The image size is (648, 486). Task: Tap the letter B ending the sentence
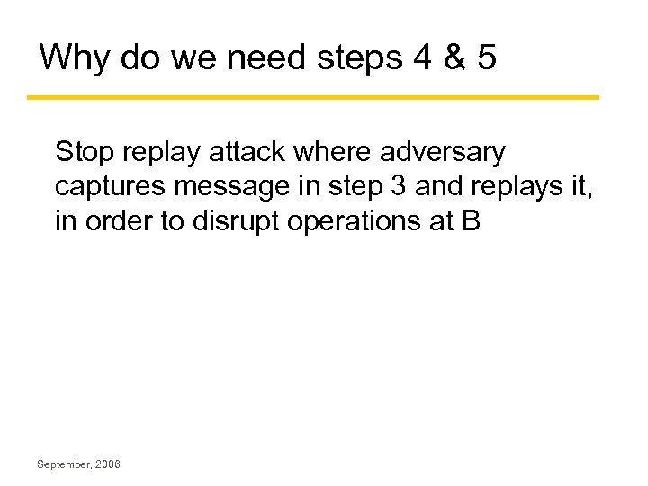[471, 220]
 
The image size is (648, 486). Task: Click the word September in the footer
[64, 464]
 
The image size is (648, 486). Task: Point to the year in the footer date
[107, 464]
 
